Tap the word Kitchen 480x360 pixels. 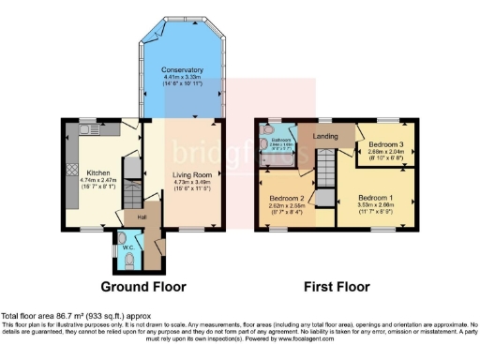coord(99,173)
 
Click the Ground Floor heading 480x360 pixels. coord(142,286)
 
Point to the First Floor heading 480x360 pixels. coord(334,286)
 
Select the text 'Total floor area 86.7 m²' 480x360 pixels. coord(47,318)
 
